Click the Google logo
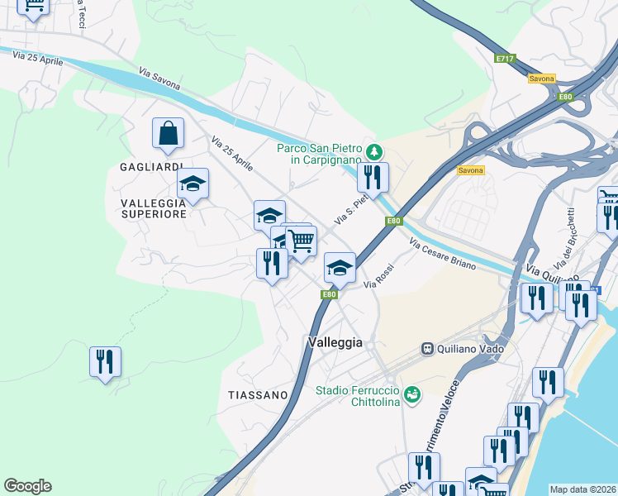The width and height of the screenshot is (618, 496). (27, 486)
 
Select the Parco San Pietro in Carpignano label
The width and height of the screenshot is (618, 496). (326, 154)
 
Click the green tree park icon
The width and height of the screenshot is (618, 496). (374, 150)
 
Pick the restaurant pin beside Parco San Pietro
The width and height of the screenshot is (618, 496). (373, 176)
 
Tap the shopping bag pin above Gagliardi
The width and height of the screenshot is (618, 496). (168, 132)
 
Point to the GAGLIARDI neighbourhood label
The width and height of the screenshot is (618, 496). (151, 167)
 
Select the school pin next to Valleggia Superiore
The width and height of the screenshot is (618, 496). (193, 184)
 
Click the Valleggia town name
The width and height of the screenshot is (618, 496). (335, 341)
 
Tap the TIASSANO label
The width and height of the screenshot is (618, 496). (258, 395)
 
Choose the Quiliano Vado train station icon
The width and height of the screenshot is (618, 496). (428, 348)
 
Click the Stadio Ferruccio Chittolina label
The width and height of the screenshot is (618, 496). (357, 396)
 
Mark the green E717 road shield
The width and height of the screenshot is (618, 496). (505, 59)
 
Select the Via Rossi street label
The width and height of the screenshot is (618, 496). (379, 277)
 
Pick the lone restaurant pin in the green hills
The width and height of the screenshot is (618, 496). (105, 361)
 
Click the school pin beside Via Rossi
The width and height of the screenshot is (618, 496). (340, 267)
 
